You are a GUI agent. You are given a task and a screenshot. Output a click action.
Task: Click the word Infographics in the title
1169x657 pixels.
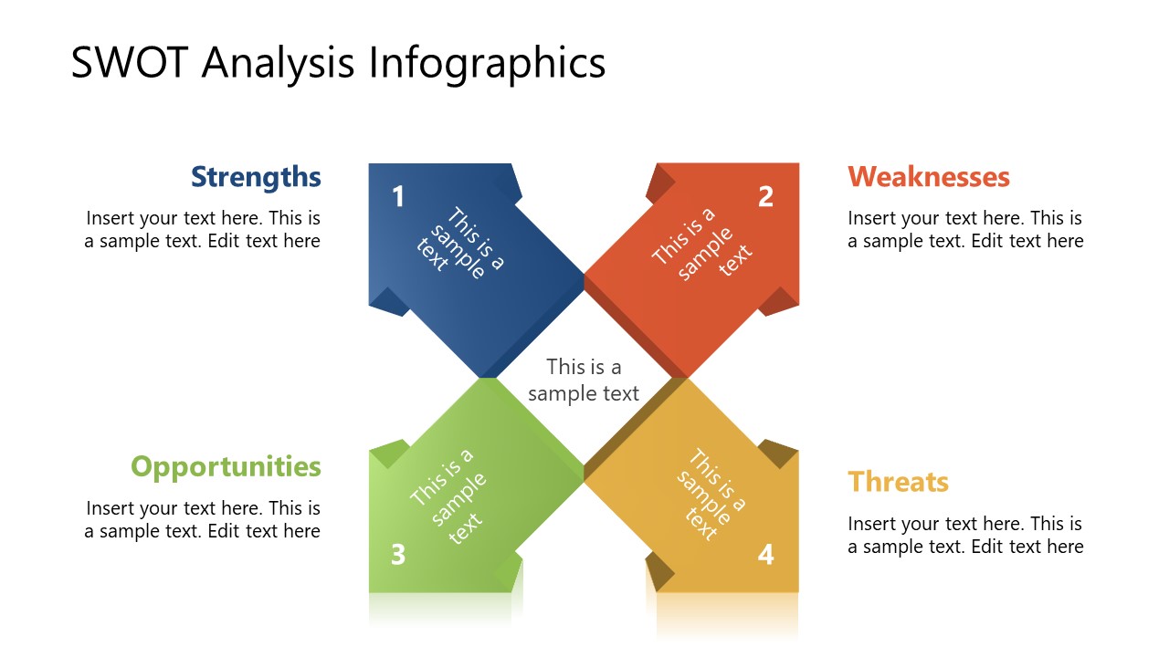tap(487, 64)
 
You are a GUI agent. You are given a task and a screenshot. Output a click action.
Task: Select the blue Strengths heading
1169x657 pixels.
tap(256, 177)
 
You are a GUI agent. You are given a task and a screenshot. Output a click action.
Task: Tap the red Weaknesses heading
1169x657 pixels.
tap(928, 177)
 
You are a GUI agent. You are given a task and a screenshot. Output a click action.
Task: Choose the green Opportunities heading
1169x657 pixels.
tap(226, 466)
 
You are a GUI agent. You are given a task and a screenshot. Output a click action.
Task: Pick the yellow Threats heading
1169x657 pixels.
tap(898, 482)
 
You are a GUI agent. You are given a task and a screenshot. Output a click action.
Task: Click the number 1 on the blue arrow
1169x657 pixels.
tap(398, 196)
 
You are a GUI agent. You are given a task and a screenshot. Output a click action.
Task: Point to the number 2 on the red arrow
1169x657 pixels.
tap(765, 196)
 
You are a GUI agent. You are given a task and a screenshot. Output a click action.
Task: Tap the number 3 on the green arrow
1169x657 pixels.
tap(398, 554)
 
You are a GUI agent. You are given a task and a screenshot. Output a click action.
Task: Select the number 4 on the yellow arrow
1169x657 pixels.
tap(765, 554)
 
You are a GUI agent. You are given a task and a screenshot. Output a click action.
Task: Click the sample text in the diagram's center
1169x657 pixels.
tap(584, 380)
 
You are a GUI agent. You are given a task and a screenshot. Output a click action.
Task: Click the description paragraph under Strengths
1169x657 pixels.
tap(203, 230)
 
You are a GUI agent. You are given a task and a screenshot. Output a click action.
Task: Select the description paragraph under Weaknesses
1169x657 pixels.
tap(965, 230)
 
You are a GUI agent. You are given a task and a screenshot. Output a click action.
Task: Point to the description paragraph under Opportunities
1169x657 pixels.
tap(203, 520)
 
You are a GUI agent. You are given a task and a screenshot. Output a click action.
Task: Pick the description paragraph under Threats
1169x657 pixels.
tap(965, 536)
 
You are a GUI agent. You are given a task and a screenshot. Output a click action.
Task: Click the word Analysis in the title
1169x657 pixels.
tap(279, 64)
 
